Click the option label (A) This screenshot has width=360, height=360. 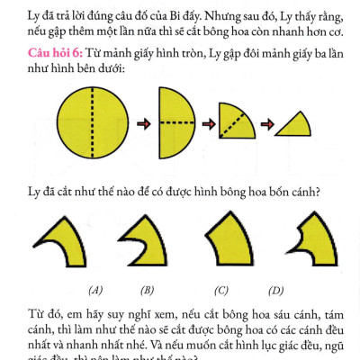click(x=95, y=290)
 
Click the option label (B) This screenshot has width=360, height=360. click(x=148, y=290)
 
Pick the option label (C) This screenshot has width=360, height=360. click(x=221, y=290)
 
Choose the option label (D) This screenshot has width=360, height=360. click(x=275, y=290)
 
